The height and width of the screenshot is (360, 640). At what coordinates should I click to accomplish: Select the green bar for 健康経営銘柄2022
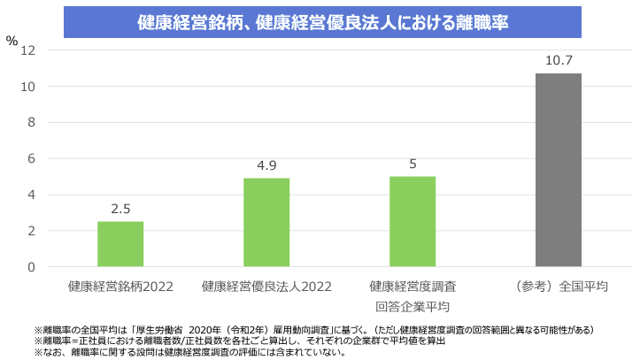pos(120,244)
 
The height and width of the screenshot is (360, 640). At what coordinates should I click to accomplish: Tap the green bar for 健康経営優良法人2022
pos(266,223)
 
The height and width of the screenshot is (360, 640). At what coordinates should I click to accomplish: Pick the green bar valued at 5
pos(413,222)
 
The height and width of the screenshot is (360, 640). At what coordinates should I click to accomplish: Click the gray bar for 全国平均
pos(559,170)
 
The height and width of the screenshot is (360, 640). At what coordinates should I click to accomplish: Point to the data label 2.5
pos(120,210)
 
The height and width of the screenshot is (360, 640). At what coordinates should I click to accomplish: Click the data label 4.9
pos(266,166)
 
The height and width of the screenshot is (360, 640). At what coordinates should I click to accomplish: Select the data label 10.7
pos(559,61)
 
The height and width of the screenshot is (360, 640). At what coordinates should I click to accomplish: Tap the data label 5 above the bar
pos(413,165)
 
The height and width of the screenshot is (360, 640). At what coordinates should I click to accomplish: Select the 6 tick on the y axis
pos(31,159)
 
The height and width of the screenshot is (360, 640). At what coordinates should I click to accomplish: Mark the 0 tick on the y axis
pos(31,267)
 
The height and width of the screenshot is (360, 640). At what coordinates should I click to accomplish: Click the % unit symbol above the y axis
pos(12,40)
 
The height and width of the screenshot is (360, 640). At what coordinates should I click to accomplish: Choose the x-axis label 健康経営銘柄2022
pos(120,287)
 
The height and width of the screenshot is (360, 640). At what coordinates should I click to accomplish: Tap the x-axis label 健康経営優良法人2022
pos(266,287)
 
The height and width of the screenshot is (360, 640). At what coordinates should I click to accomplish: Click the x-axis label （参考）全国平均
pos(559,287)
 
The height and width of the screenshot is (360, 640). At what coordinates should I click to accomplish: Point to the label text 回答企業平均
pos(413,307)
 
